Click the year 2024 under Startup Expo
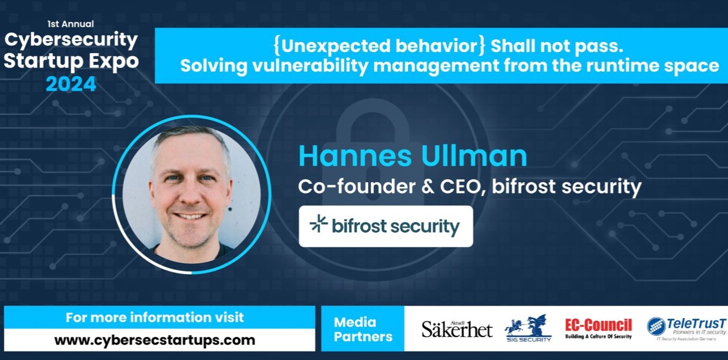tap(71, 84)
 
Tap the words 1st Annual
tap(71, 24)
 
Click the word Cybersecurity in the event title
tap(71, 40)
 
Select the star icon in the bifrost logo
tap(319, 225)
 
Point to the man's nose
tap(189, 192)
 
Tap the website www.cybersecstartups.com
tap(154, 340)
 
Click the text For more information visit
tap(154, 317)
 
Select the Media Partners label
tap(362, 329)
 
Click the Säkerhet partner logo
tap(456, 329)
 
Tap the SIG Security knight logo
tap(527, 328)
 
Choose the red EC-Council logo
tap(598, 328)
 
